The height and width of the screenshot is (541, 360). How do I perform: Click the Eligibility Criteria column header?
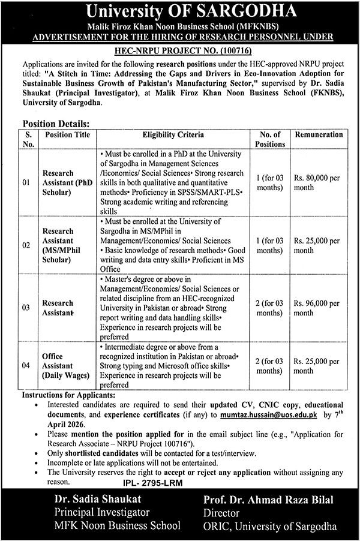pos(173,135)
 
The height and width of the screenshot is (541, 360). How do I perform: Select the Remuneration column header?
pos(320,135)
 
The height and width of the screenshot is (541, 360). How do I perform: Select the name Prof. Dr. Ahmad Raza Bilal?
pos(276,500)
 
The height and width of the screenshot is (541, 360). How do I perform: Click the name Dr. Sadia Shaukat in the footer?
pos(85,500)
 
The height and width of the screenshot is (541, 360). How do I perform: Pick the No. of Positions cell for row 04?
pos(268,365)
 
